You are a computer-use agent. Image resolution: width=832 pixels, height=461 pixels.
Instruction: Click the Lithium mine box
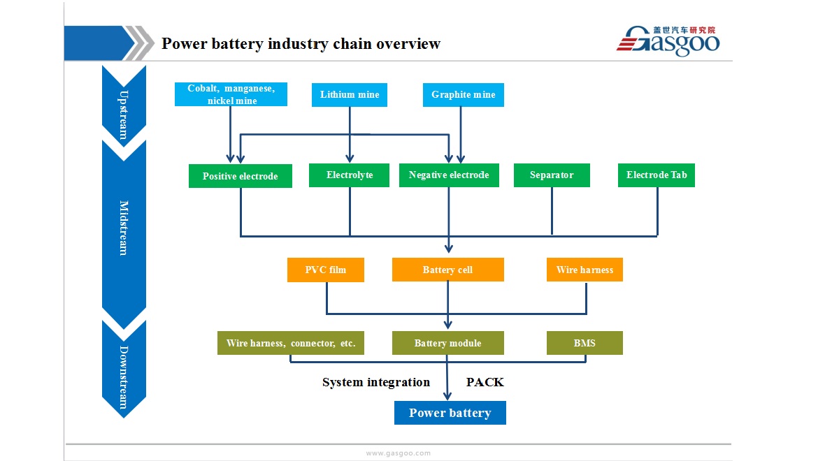[349, 95]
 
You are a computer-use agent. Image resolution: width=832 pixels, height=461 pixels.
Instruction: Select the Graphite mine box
[464, 95]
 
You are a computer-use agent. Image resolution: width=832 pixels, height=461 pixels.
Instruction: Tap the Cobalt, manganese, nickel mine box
[231, 94]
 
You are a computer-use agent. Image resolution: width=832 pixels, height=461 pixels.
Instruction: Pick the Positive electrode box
[241, 176]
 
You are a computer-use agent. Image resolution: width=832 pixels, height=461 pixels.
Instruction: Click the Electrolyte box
[349, 175]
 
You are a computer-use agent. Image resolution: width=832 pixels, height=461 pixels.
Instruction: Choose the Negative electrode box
[449, 175]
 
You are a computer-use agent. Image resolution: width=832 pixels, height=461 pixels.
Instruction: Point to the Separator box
[552, 175]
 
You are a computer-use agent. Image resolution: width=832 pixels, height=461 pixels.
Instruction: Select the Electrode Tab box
[657, 175]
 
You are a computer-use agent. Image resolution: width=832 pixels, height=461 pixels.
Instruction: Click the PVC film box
[326, 270]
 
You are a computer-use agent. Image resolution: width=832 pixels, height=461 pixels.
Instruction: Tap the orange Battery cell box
[448, 270]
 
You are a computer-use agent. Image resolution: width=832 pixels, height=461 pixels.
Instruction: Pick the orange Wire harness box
[584, 270]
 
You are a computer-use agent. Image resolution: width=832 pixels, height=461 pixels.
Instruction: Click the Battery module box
[448, 343]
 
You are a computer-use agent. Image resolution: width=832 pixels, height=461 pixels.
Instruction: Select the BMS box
[584, 343]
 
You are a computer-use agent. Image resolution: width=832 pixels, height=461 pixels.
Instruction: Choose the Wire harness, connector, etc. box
[291, 343]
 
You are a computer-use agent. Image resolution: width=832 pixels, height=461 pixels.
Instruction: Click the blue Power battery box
[450, 413]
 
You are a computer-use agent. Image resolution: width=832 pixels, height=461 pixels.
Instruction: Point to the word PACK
[485, 382]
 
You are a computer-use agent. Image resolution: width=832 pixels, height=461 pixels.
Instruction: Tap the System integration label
[376, 383]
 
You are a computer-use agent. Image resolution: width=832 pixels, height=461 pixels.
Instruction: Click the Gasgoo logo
[668, 41]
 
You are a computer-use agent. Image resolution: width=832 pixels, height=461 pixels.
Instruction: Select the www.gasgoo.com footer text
[398, 453]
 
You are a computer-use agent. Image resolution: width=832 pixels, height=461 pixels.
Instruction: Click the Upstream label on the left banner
[123, 115]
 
